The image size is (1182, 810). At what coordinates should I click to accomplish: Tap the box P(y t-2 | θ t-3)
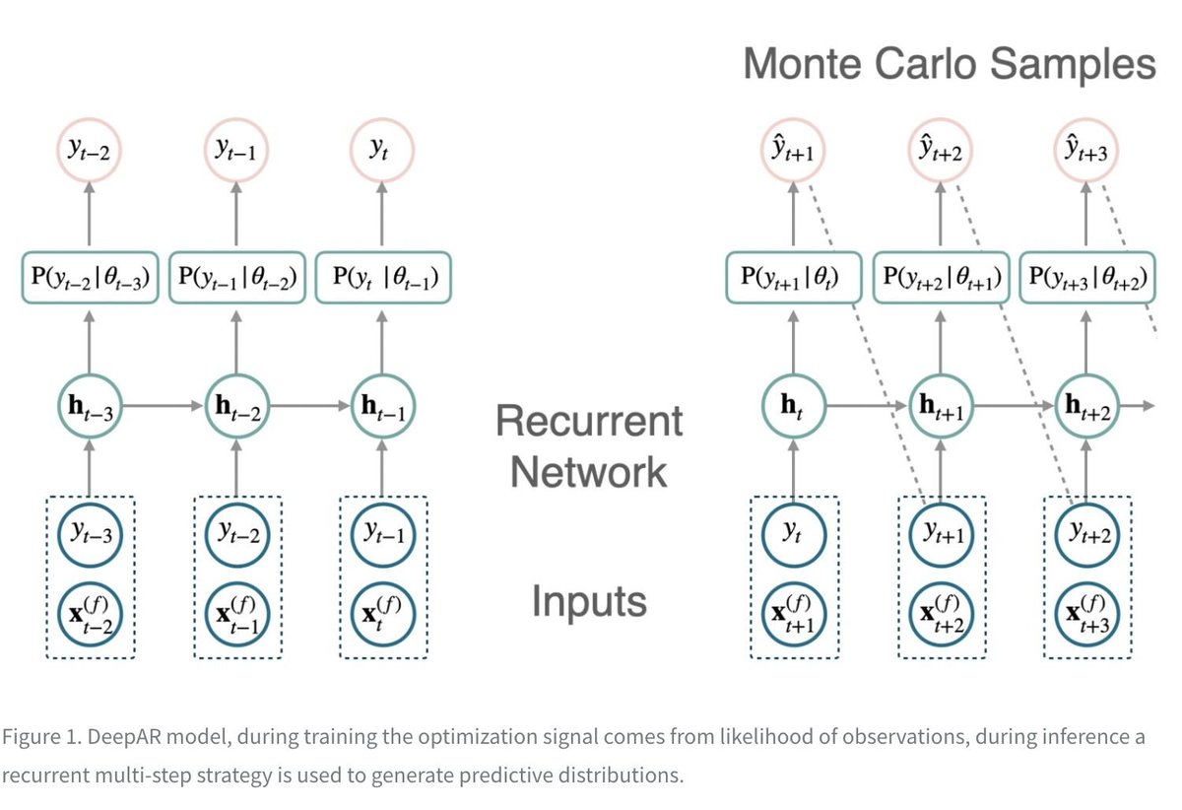[90, 278]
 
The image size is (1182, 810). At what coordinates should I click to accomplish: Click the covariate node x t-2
[90, 613]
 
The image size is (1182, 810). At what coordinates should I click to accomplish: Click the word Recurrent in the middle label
[588, 422]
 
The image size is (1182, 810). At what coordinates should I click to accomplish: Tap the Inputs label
[589, 601]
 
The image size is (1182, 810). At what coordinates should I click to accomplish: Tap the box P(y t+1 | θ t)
[793, 278]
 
